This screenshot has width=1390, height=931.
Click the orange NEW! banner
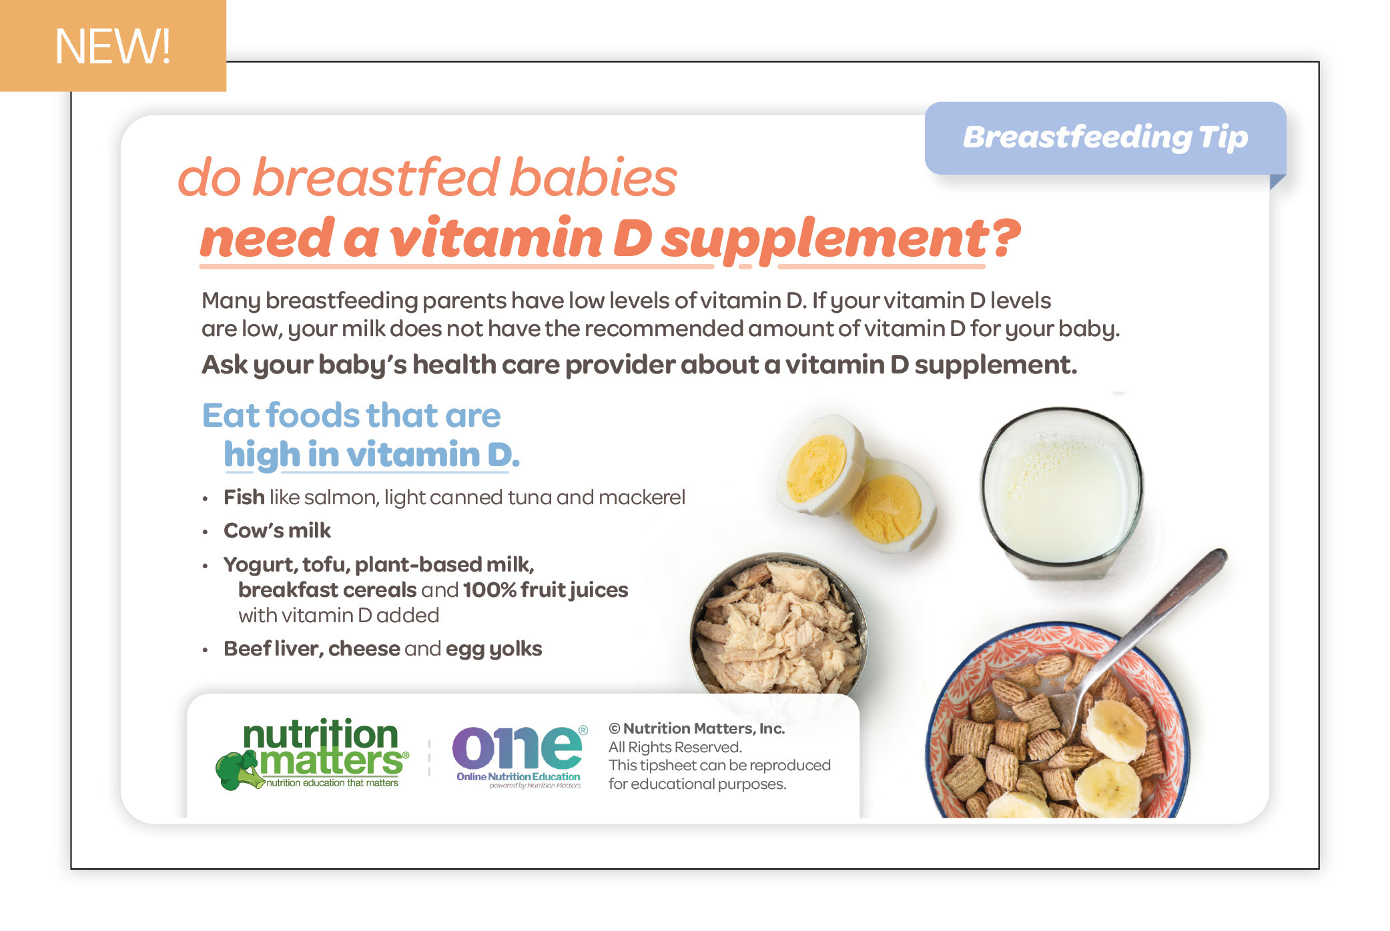(113, 45)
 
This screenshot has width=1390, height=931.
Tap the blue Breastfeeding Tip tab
(1105, 138)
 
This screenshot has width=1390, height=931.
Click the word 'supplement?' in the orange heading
(841, 239)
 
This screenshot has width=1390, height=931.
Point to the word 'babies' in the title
(593, 177)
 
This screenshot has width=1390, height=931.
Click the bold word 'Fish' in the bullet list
(244, 497)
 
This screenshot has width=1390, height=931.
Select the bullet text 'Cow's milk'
(277, 530)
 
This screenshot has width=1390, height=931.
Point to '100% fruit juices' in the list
(545, 590)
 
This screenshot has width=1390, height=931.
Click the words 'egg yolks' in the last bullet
(494, 649)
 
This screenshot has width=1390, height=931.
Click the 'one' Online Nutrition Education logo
(519, 756)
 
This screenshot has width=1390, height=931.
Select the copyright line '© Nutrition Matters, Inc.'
(697, 728)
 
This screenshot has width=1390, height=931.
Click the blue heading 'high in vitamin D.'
(372, 455)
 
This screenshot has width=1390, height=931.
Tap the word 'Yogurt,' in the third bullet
(260, 565)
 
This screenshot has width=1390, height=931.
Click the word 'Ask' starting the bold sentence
(224, 365)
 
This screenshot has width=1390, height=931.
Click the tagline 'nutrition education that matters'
(332, 783)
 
